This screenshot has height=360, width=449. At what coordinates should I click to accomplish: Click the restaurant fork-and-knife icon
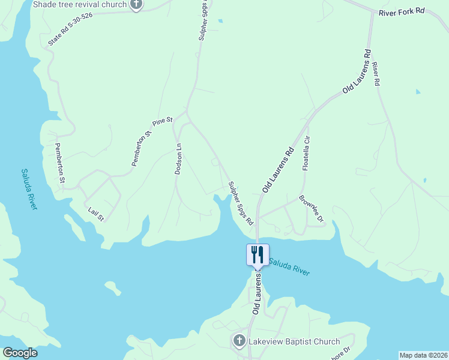258,254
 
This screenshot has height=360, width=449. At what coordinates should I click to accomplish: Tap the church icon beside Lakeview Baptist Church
238,341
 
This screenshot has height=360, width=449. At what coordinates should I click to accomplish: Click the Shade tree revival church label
80,4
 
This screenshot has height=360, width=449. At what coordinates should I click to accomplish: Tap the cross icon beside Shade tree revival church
136,5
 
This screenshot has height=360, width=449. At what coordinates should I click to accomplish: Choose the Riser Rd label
376,73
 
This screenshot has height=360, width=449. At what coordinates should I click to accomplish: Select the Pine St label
162,121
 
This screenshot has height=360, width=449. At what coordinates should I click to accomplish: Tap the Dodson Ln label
178,159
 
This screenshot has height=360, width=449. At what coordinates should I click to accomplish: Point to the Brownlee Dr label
311,208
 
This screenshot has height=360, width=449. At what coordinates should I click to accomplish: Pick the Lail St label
96,213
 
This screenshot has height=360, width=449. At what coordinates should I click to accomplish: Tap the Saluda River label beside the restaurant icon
289,266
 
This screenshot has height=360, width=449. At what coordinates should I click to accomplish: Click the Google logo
20,353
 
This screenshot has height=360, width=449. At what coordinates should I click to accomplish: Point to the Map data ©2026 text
424,355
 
